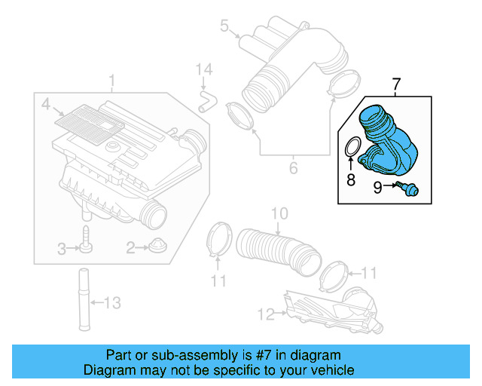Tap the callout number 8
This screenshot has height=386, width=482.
point(350,179)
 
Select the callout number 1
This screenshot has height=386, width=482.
point(111,81)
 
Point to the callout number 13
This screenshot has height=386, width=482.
point(111,304)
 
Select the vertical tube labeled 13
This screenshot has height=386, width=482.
point(81,302)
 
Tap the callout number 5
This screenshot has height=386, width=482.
point(224,26)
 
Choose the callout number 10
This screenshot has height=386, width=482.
point(279,215)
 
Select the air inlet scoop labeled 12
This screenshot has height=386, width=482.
point(331,309)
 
